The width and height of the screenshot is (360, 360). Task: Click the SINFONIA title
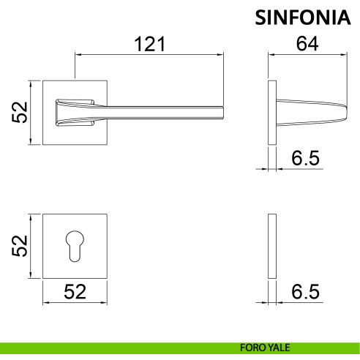[x=303, y=18]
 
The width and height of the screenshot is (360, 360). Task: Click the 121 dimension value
[x=150, y=44]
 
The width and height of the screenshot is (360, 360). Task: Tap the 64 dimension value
[x=307, y=44]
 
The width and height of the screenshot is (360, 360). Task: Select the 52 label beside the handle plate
[x=20, y=113]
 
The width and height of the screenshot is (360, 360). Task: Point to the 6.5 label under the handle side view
[x=305, y=158]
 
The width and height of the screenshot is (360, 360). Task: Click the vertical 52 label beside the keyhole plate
[x=20, y=246]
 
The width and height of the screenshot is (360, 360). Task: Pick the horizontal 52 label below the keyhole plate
[x=75, y=291]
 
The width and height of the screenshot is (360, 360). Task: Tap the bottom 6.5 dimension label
[x=305, y=291]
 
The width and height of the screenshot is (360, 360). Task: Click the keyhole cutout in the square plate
[x=75, y=247]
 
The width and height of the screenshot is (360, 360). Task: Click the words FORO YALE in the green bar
[x=265, y=348]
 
